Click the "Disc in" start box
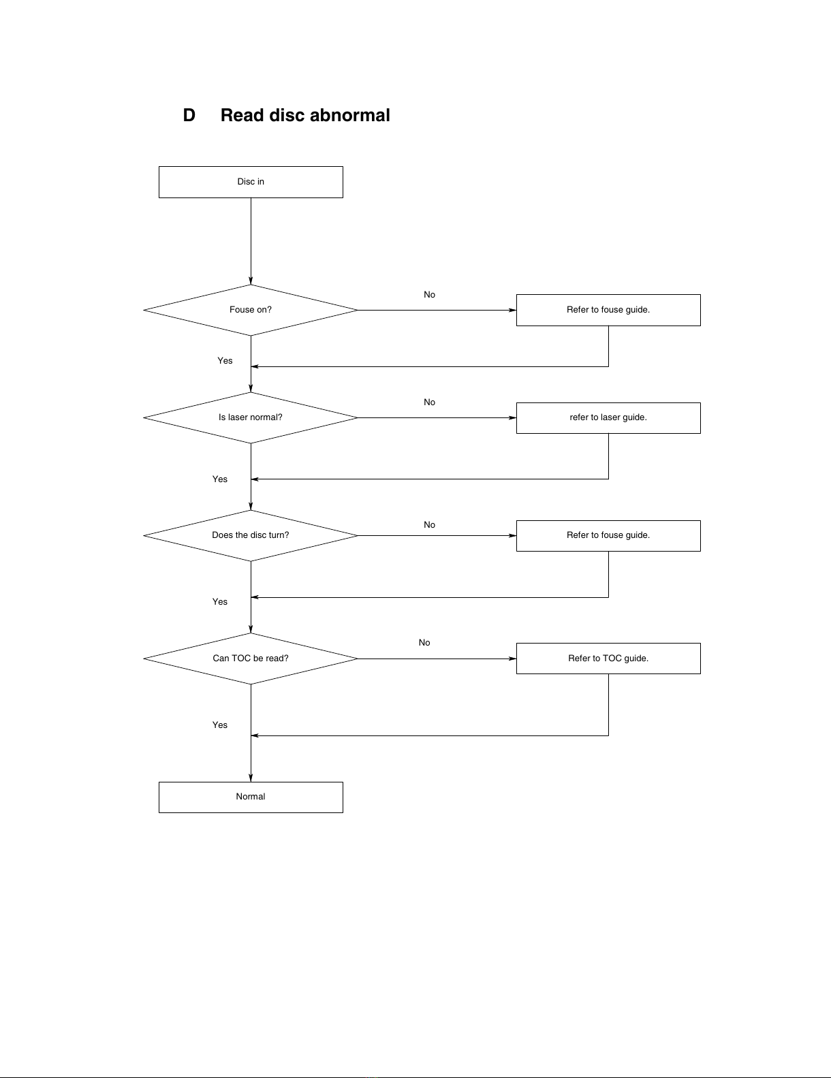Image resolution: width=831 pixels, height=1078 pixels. click(251, 182)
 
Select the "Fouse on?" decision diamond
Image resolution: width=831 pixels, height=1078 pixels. click(251, 310)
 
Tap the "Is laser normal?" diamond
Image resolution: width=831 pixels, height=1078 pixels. click(251, 417)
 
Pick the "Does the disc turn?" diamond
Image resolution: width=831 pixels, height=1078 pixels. click(251, 536)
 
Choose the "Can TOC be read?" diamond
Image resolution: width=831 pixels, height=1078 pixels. click(251, 659)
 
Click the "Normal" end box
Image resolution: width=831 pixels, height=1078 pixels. click(251, 797)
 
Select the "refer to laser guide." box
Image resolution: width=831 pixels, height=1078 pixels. click(608, 418)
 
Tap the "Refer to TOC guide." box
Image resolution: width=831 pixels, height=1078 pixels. click(608, 659)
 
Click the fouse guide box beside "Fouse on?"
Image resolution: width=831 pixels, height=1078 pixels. click(608, 310)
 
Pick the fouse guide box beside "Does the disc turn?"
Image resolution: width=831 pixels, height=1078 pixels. click(608, 536)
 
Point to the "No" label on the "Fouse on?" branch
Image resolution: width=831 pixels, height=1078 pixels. click(429, 295)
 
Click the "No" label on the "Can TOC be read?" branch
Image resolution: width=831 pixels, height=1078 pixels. click(424, 642)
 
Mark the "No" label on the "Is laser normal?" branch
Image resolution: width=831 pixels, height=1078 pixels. click(429, 402)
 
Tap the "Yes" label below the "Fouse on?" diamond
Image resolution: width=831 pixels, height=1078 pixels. click(225, 361)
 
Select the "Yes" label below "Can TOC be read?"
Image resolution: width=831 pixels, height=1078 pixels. click(220, 725)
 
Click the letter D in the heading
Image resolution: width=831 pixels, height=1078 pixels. click(189, 115)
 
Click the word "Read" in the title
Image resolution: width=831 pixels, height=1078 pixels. click(242, 115)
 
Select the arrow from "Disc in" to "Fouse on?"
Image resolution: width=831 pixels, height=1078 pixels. click(251, 241)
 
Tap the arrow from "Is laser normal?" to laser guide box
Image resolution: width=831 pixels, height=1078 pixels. click(437, 417)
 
